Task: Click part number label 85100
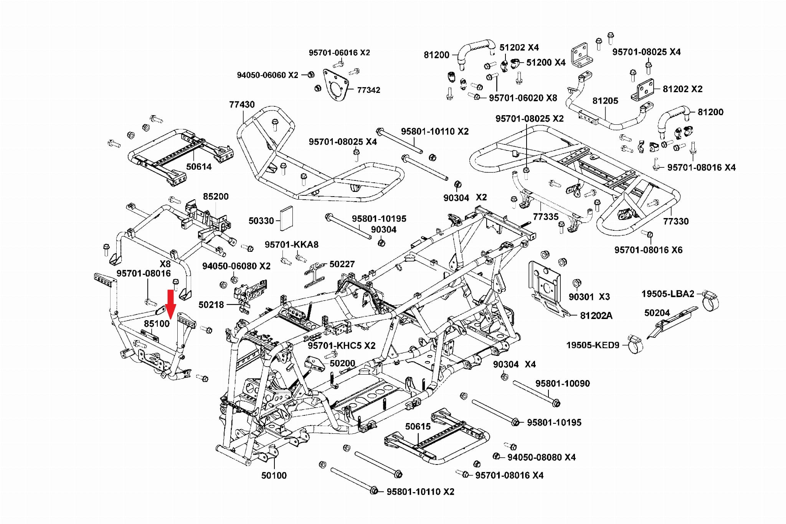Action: pos(157,324)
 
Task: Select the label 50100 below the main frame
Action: pos(274,476)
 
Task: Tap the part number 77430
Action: pos(242,104)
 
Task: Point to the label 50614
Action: pos(199,167)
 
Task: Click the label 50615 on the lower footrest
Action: pos(418,426)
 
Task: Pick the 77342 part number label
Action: pos(368,90)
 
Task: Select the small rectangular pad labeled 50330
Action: pos(286,218)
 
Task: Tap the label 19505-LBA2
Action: pos(668,294)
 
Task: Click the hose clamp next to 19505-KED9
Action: pos(635,344)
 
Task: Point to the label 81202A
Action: pos(596,316)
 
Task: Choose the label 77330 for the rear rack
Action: pos(676,221)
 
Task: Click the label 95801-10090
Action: pos(563,383)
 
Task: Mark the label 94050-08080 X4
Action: pos(541,457)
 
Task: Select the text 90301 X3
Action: pos(589,297)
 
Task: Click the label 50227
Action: pos(342,264)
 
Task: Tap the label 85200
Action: pos(216,197)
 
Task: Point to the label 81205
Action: pos(605,101)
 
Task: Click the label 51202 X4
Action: pos(519,48)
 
